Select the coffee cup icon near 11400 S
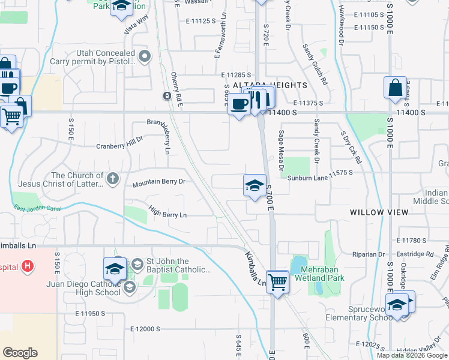(x=239, y=105)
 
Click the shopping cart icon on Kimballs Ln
(x=278, y=281)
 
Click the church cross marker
(x=112, y=178)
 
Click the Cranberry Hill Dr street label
(x=120, y=146)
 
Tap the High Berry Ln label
(x=167, y=214)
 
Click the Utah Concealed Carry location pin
(x=144, y=58)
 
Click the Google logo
(x=20, y=353)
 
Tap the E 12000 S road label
(x=145, y=329)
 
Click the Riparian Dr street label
(x=369, y=254)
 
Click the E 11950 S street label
(x=90, y=313)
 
